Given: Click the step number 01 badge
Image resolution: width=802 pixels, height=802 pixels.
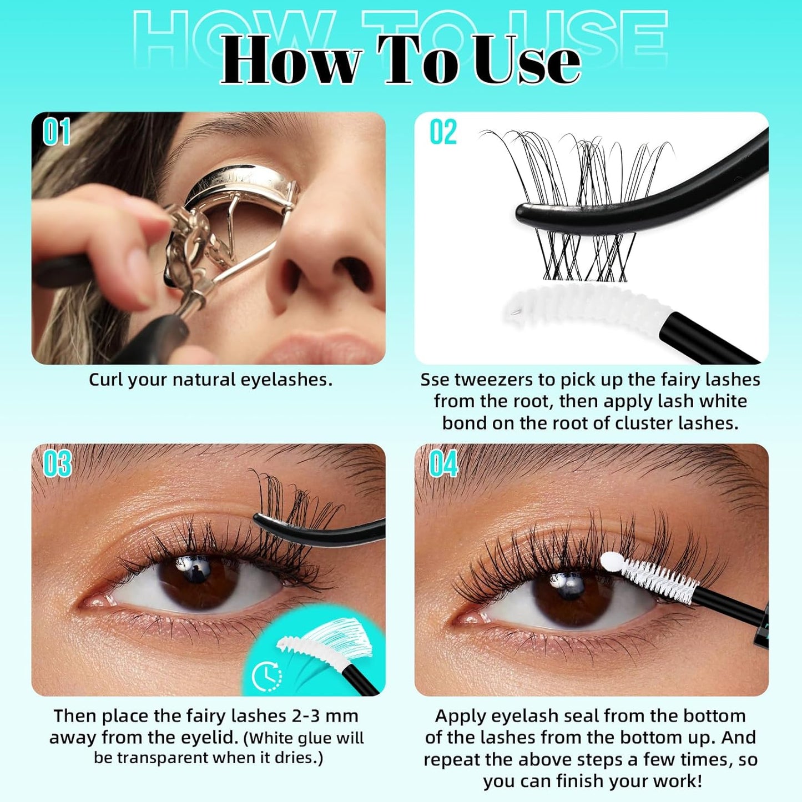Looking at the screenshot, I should pyautogui.click(x=56, y=132).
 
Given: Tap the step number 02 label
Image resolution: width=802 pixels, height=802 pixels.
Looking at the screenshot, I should pyautogui.click(x=443, y=132).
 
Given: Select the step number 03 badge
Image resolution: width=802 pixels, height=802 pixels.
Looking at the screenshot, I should pyautogui.click(x=57, y=463).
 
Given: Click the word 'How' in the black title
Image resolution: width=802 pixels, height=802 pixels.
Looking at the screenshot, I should pyautogui.click(x=291, y=61).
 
